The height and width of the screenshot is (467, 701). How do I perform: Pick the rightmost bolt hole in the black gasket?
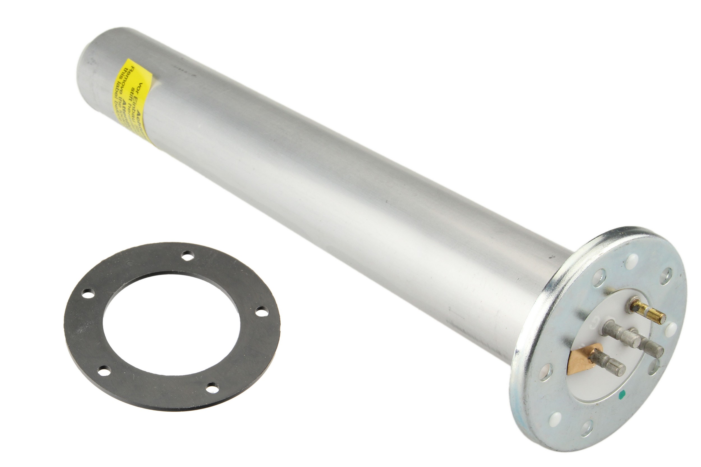(x=261, y=312)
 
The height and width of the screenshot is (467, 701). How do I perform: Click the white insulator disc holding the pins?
(x=599, y=384)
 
